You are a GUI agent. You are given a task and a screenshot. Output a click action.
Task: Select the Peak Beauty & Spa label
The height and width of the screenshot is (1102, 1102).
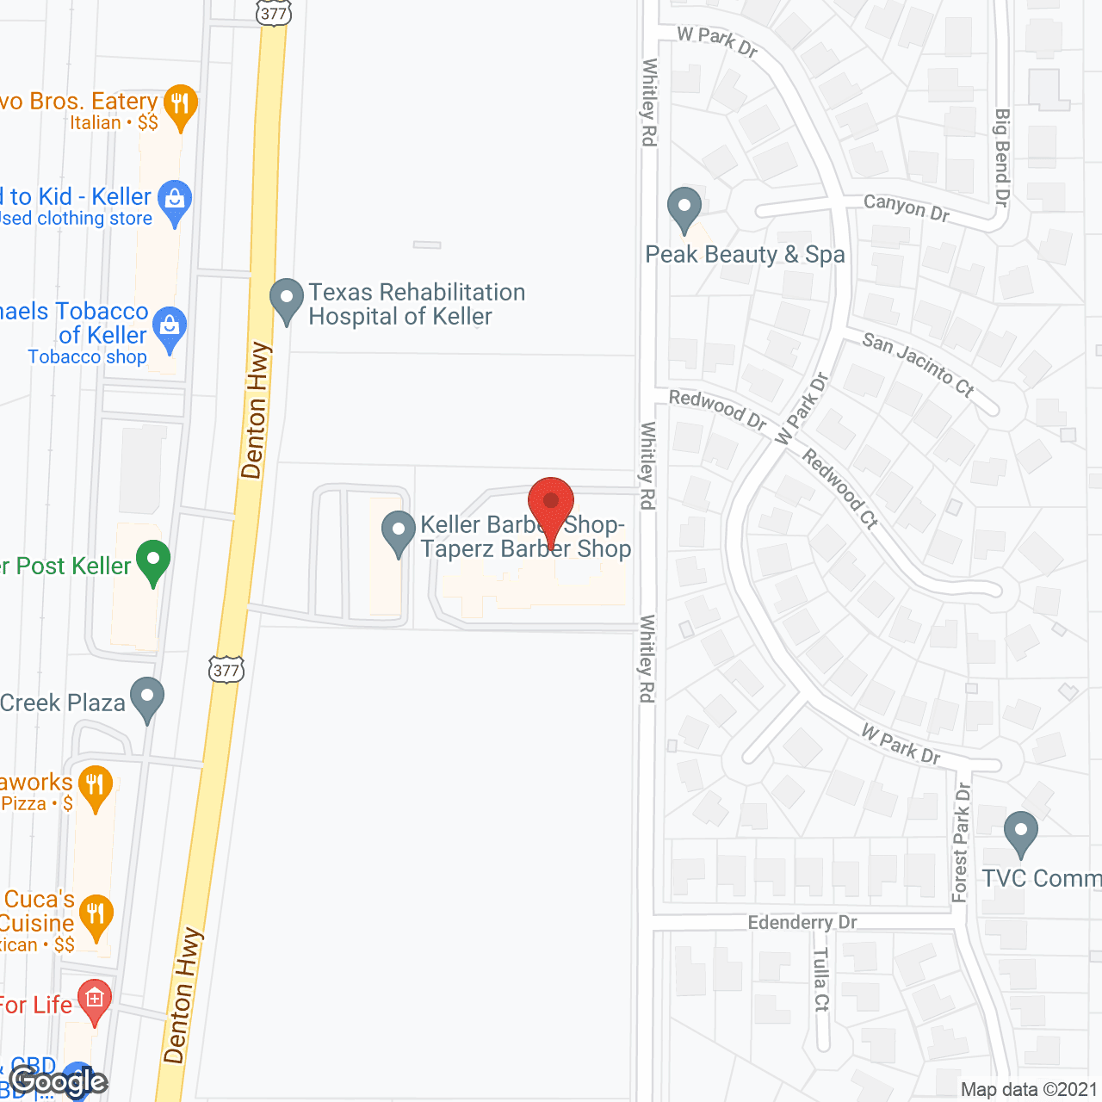click(x=745, y=255)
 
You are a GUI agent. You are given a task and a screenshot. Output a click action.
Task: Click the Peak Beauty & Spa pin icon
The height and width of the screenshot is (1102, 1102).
click(x=684, y=209)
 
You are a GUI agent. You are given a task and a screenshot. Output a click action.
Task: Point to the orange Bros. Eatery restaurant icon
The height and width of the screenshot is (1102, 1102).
click(x=180, y=106)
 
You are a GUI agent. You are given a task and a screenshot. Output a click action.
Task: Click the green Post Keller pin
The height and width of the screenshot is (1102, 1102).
click(x=153, y=561)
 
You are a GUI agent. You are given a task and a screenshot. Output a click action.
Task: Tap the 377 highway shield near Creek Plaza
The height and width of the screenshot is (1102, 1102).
click(x=226, y=670)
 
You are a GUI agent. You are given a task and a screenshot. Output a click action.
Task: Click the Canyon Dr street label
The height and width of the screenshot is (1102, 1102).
click(x=906, y=207)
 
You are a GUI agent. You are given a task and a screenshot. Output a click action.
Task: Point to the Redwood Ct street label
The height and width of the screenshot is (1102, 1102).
click(x=840, y=487)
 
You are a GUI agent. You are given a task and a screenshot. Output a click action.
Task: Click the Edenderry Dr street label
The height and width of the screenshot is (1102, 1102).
click(x=802, y=923)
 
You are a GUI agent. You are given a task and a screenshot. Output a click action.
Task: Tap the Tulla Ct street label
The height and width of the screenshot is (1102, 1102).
click(x=820, y=979)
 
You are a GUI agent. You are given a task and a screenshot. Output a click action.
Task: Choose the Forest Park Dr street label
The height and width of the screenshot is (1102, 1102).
click(x=962, y=842)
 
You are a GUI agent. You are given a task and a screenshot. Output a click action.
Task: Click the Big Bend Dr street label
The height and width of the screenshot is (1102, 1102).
click(x=1001, y=158)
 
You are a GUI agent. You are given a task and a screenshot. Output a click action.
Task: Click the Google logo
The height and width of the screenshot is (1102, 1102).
click(x=59, y=1081)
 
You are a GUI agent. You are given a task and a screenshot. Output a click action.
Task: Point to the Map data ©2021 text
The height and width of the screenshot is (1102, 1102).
click(x=1029, y=1090)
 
